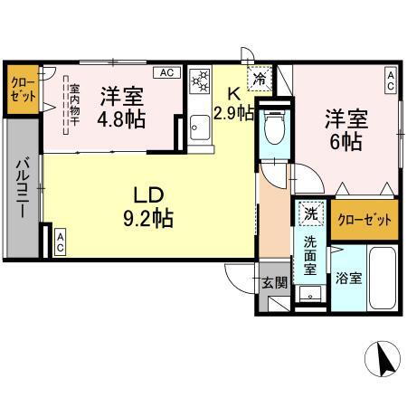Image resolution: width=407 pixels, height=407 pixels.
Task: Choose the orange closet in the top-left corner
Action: pyautogui.click(x=23, y=90)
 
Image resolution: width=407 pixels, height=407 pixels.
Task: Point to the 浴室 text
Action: pyautogui.click(x=349, y=278)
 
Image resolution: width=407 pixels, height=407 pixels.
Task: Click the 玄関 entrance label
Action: pyautogui.click(x=275, y=282)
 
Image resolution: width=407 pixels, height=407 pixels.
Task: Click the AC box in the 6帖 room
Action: pyautogui.click(x=391, y=80)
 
